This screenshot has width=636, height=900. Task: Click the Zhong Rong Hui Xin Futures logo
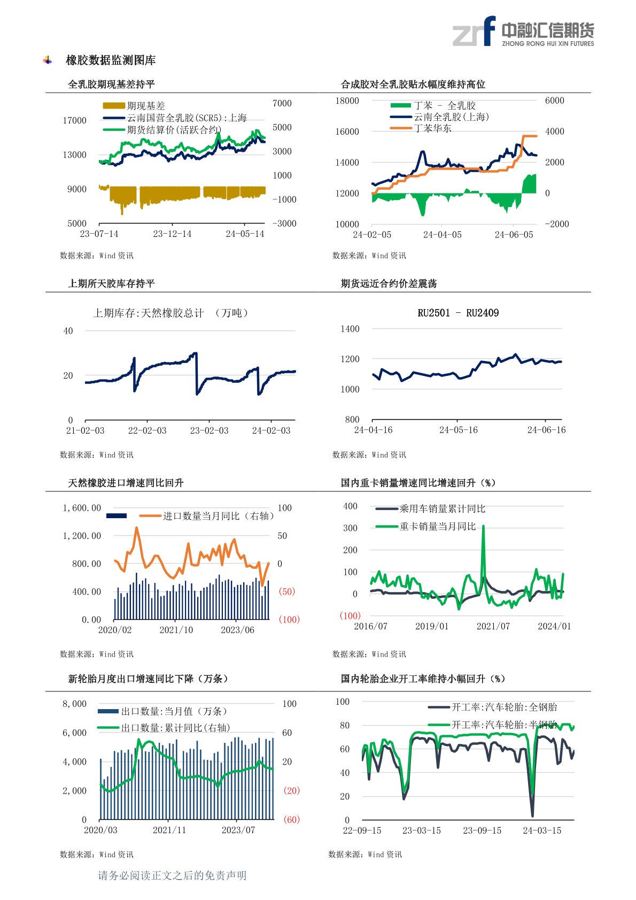[523, 32]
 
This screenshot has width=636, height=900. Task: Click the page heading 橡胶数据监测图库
[111, 60]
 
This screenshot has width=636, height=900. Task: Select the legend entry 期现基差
[145, 106]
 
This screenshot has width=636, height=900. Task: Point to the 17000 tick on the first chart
[74, 120]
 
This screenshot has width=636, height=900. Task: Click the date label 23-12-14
[172, 234]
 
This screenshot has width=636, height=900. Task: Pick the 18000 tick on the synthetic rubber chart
[347, 101]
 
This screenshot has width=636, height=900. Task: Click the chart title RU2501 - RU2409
[458, 313]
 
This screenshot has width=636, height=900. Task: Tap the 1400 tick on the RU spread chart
[350, 329]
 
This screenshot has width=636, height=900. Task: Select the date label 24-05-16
[458, 430]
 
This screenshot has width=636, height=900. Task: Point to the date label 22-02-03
[147, 430]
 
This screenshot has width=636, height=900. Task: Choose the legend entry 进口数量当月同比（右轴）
[218, 516]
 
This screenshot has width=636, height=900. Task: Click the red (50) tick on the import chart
[287, 591]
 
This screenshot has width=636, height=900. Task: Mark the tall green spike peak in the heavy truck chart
[483, 526]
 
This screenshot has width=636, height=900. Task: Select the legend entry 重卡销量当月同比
[437, 527]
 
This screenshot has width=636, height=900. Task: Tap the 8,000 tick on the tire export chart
[74, 704]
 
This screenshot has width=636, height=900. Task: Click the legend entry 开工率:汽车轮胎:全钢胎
[504, 707]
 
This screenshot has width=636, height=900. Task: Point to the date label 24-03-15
[542, 830]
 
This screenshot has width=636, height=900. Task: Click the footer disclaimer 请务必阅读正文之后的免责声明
[172, 875]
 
